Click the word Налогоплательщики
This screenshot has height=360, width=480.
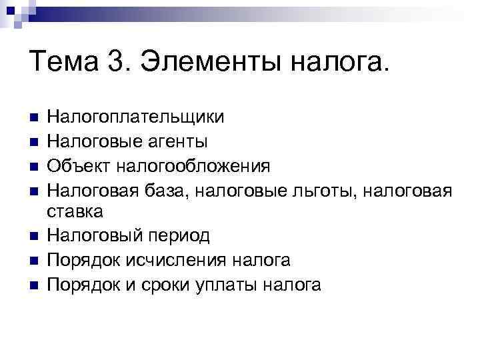(x=135, y=118)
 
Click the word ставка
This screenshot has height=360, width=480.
(x=75, y=213)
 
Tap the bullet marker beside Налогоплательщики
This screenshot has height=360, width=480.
(x=34, y=119)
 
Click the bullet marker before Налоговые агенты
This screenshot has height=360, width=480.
(x=34, y=142)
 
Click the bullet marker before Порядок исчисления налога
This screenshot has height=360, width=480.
(x=34, y=261)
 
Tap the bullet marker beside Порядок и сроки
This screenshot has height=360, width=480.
(x=34, y=285)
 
